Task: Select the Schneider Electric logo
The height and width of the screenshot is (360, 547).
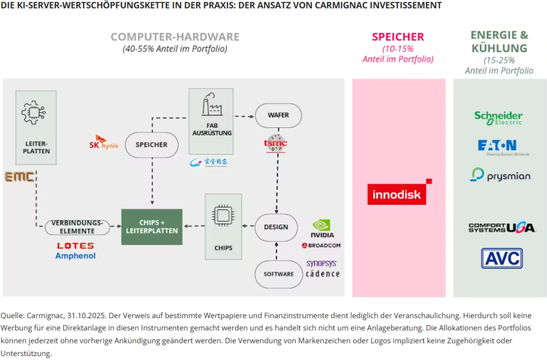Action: point(498,117)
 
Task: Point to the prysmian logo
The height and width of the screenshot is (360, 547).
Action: point(500,175)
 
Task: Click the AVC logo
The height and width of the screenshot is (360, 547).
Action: point(501,258)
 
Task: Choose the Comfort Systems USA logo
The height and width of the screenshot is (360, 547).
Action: point(502,227)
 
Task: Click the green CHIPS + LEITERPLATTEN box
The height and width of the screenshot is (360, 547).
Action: point(151,227)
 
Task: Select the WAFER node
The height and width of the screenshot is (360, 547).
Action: point(278,115)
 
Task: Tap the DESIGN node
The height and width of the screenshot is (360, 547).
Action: point(276,227)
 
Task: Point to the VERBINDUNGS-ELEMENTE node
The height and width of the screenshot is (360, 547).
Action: point(77,227)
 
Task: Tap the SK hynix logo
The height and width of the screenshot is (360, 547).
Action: point(103,142)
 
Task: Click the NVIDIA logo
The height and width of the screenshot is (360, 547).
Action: point(322,229)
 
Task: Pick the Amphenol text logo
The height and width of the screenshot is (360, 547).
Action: point(76,256)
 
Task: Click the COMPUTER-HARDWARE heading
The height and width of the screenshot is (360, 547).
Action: point(175,37)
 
